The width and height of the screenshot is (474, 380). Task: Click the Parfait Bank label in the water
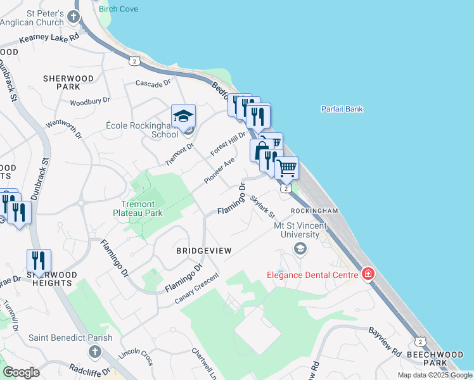(x=342, y=109)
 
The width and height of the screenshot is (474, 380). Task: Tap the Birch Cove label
(x=118, y=9)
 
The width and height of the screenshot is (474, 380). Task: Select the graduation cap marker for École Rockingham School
(x=183, y=117)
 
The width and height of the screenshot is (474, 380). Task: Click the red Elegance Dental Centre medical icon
(x=367, y=274)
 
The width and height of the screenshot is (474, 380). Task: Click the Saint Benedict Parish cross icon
(x=94, y=351)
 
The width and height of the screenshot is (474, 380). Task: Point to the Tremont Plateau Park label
(x=143, y=208)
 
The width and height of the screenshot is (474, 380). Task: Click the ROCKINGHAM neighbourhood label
(x=314, y=210)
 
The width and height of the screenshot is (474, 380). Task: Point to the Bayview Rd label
(x=385, y=341)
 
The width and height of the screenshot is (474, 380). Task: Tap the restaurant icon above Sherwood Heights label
(x=39, y=260)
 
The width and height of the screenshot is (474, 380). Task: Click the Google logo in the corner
(x=21, y=372)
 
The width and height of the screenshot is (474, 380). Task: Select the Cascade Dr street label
(x=153, y=83)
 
